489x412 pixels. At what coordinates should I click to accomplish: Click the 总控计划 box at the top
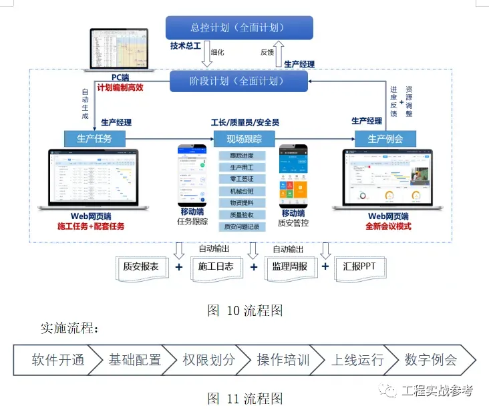tap(238, 27)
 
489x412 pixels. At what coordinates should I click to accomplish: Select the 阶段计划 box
tap(238, 81)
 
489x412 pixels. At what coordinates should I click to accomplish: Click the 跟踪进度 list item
tap(242, 156)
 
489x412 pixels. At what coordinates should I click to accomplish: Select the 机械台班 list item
tap(242, 191)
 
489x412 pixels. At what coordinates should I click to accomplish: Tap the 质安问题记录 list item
tap(242, 226)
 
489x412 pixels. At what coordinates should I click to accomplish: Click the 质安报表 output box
tap(141, 266)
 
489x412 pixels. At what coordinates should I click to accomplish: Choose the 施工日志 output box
tap(216, 266)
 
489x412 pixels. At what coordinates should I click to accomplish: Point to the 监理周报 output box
tap(290, 266)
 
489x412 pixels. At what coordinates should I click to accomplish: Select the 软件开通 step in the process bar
tap(58, 360)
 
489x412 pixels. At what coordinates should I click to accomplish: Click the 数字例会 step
tap(431, 360)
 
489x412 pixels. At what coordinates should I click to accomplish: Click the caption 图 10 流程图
tap(245, 311)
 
